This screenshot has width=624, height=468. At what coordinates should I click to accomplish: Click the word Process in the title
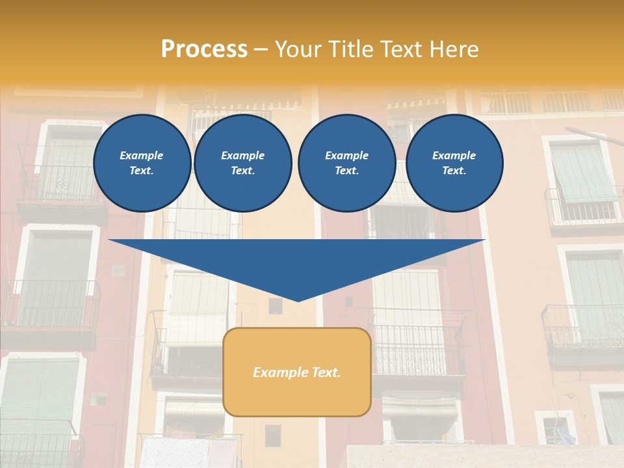(x=204, y=49)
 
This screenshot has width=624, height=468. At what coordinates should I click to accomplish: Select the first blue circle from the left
(x=142, y=163)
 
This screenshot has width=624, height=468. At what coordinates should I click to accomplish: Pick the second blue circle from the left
(x=242, y=163)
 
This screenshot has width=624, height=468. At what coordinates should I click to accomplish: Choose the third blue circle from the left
(x=346, y=163)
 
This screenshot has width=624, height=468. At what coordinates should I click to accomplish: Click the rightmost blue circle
(x=454, y=163)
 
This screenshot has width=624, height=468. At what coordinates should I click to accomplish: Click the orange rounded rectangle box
(x=297, y=396)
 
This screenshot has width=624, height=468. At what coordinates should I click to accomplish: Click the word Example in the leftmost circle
(x=142, y=155)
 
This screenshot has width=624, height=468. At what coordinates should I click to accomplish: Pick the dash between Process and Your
(x=261, y=49)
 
